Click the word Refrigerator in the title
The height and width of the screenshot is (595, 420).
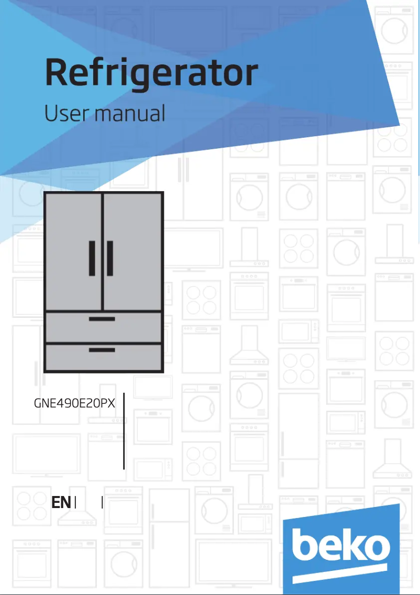(151, 74)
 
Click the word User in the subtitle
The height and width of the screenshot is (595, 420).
(64, 113)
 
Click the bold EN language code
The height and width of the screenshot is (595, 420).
(61, 503)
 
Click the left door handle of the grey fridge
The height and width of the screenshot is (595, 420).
(92, 258)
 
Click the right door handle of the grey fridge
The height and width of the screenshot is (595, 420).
(109, 258)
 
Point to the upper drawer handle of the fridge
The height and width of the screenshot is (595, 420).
(102, 318)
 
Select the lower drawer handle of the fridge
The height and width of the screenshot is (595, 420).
(102, 349)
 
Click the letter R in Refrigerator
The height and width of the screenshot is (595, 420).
(57, 74)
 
